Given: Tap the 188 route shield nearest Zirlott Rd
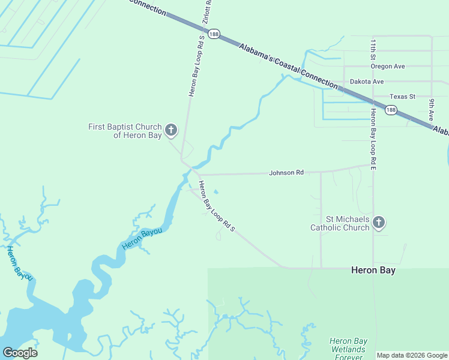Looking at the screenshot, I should [x=214, y=34].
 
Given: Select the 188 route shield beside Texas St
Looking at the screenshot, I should [x=391, y=109].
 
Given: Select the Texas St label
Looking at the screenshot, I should [x=402, y=96].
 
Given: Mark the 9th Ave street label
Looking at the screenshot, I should [x=431, y=107].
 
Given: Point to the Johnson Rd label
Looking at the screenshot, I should [x=286, y=173].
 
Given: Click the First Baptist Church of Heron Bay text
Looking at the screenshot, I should [x=125, y=131].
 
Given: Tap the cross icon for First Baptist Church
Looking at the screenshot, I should [x=171, y=130].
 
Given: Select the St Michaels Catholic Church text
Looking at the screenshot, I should [x=340, y=223].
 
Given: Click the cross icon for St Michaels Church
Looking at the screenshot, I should [x=378, y=223].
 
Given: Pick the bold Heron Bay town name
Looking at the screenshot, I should [x=373, y=271].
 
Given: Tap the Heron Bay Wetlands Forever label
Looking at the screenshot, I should [x=348, y=349].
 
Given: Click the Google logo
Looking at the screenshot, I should [x=20, y=352].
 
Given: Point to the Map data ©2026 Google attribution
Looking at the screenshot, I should [x=412, y=355].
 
